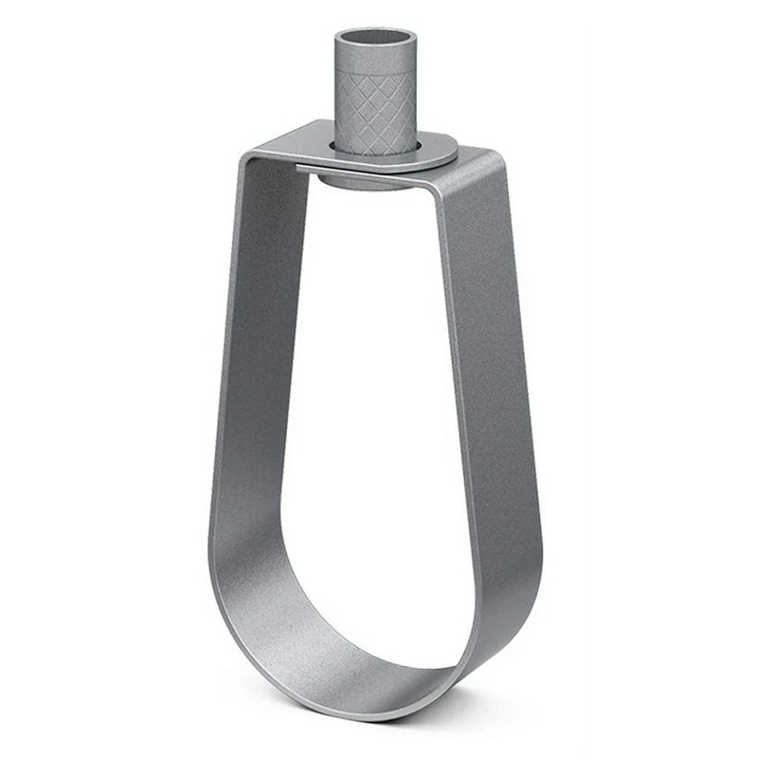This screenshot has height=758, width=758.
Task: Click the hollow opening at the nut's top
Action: pos(376,39)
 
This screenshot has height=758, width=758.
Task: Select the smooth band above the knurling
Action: pos(376,63)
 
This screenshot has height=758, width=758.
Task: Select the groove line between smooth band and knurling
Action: pos(376,77)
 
